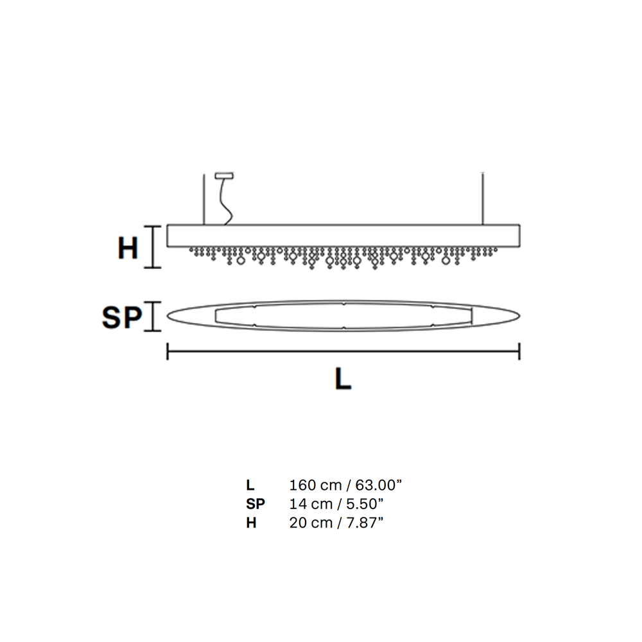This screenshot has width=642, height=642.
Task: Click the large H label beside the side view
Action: pyautogui.click(x=128, y=248)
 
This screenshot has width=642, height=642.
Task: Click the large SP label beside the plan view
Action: pyautogui.click(x=122, y=318)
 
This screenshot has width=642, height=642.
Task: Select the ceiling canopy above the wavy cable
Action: pyautogui.click(x=224, y=176)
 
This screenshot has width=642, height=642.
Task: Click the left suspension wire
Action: pyautogui.click(x=204, y=199)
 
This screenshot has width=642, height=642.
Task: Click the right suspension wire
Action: pyautogui.click(x=483, y=199)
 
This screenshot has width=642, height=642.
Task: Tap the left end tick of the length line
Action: pyautogui.click(x=168, y=351)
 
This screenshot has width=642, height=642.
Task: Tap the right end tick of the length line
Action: pyautogui.click(x=519, y=351)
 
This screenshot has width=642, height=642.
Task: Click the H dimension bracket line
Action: pyautogui.click(x=153, y=247)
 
